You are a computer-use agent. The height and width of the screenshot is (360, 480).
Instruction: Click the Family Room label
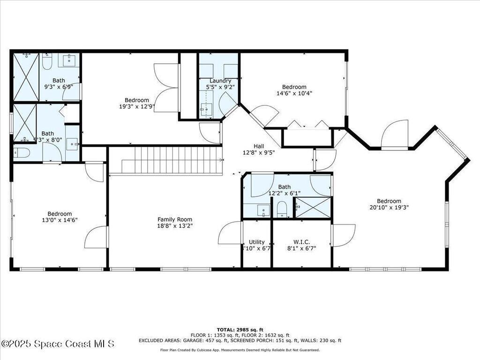pos(174,219)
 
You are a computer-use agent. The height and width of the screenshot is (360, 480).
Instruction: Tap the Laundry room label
pos(220,81)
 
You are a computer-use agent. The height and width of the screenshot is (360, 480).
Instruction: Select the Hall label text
pos(259,146)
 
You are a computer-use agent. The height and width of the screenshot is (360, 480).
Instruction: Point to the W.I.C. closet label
pos(301,242)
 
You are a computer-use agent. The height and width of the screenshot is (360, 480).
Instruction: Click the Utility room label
pos(256,242)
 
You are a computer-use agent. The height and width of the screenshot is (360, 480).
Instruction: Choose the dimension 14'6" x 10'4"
pos(294,93)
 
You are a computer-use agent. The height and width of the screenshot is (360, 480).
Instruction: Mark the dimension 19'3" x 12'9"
pos(136,106)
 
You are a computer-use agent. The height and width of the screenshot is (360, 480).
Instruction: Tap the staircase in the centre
pos(171,160)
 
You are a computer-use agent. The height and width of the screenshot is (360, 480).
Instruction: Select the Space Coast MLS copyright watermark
pos(57,344)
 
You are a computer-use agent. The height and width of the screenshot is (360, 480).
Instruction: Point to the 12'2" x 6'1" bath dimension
pos(284,193)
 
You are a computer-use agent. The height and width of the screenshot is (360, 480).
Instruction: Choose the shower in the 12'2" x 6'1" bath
pos(313,207)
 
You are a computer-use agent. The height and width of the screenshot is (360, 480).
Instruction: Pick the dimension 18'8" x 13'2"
pos(175,225)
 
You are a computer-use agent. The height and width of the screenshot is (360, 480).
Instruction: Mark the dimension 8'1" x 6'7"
pos(301,248)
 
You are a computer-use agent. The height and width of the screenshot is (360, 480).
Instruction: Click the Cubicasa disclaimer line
pos(240,350)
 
